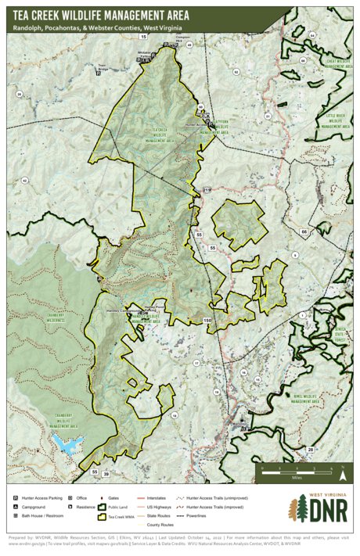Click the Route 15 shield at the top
click(x=143, y=37)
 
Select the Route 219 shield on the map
click(x=207, y=191)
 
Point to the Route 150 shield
click(x=207, y=321)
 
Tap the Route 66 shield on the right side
click(x=304, y=232)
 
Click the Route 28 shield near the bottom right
click(x=311, y=450)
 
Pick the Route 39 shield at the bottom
click(x=106, y=473)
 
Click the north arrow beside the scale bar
click(x=342, y=472)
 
